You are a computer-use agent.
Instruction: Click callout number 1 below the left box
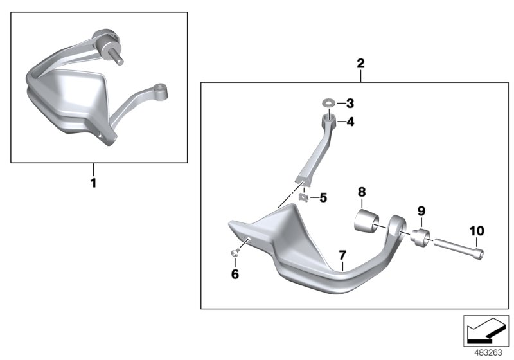click(93, 183)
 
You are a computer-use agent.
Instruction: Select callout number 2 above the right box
click(360, 63)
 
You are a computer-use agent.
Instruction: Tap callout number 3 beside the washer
click(350, 104)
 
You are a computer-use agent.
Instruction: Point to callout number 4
click(350, 122)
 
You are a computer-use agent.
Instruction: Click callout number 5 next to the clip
click(323, 198)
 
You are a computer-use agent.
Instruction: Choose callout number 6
click(235, 274)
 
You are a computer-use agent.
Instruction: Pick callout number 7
click(342, 255)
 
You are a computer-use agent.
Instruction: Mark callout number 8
click(362, 192)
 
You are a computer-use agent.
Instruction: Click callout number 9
click(421, 211)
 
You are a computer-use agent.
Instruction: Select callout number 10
click(477, 231)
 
